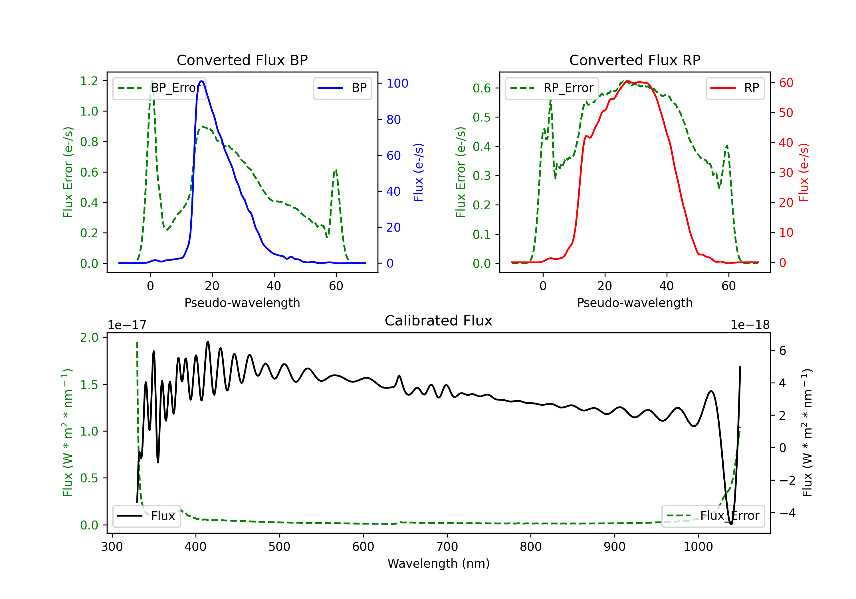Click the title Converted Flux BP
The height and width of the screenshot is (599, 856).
pyautogui.click(x=242, y=60)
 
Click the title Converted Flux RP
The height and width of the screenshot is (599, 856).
pyautogui.click(x=635, y=60)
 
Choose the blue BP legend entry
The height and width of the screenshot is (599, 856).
pyautogui.click(x=342, y=88)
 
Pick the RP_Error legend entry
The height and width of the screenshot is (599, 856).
pyautogui.click(x=552, y=88)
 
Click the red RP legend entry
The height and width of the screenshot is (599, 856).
pyautogui.click(x=735, y=88)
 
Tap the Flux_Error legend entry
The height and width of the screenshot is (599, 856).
pyautogui.click(x=713, y=516)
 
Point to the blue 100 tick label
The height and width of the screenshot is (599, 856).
pyautogui.click(x=397, y=84)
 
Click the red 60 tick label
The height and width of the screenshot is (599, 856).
pyautogui.click(x=786, y=83)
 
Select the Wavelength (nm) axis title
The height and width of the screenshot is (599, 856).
pyautogui.click(x=439, y=564)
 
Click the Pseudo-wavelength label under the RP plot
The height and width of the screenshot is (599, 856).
pyautogui.click(x=635, y=303)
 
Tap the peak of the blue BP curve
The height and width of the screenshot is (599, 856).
pyautogui.click(x=202, y=81)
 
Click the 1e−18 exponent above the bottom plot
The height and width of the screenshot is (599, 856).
pyautogui.click(x=750, y=325)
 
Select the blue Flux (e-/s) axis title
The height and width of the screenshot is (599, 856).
pyautogui.click(x=418, y=172)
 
